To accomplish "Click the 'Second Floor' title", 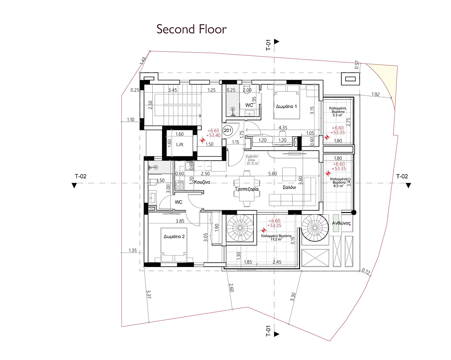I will pyautogui.click(x=192, y=29).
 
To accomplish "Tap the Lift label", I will pyautogui.click(x=180, y=144).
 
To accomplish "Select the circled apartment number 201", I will pyautogui.click(x=228, y=130).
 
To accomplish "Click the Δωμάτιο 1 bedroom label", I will pyautogui.click(x=286, y=106).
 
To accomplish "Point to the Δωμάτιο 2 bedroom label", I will pyautogui.click(x=174, y=236).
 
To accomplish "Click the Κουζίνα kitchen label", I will pyautogui.click(x=202, y=182).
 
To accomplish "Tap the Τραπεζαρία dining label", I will pyautogui.click(x=247, y=189).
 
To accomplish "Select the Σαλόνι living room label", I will pyautogui.click(x=289, y=187).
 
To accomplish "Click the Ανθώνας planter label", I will pyautogui.click(x=341, y=223).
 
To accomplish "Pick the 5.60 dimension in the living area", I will pyautogui.click(x=272, y=174).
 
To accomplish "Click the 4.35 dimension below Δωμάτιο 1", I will pyautogui.click(x=283, y=127).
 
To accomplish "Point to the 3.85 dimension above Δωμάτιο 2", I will pyautogui.click(x=180, y=221).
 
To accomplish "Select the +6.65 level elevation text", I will pyautogui.click(x=213, y=131).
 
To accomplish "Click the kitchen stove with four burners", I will pyautogui.click(x=180, y=185).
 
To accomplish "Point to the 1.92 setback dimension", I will pyautogui.click(x=375, y=94).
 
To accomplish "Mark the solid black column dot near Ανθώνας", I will pyautogui.click(x=354, y=212).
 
